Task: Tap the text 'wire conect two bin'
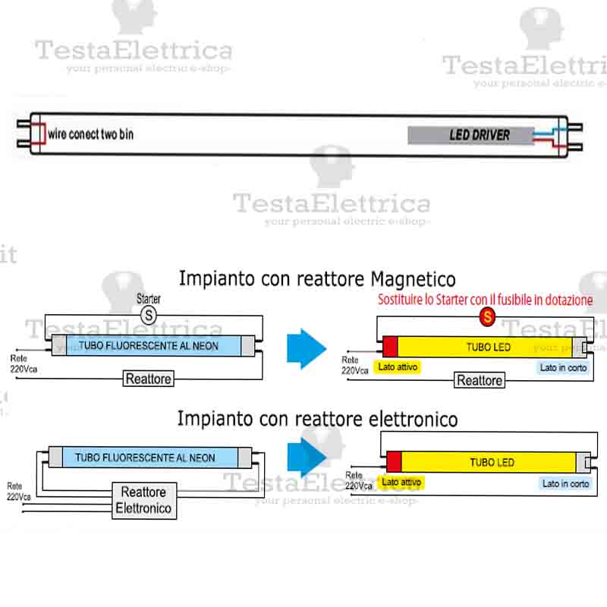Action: [90, 134]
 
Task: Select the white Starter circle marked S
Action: [149, 313]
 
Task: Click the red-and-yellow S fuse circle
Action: [486, 316]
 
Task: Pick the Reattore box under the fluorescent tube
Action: [149, 378]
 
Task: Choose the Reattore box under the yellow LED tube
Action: [479, 380]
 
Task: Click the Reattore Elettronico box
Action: [143, 500]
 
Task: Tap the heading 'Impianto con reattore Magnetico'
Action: [317, 278]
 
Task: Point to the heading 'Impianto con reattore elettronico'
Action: [317, 418]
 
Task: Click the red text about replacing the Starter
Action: [485, 300]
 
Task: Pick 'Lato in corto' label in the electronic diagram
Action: [565, 483]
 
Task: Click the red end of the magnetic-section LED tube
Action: [389, 348]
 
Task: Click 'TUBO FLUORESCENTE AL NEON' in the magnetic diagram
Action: [148, 346]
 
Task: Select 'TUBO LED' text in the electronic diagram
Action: [492, 462]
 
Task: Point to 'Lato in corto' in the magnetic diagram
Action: [562, 367]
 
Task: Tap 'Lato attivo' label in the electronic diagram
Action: [401, 482]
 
